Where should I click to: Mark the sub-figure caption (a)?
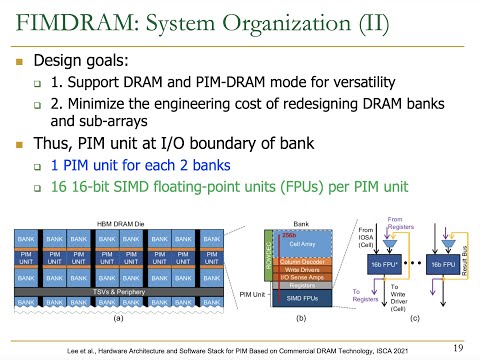(117, 318)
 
